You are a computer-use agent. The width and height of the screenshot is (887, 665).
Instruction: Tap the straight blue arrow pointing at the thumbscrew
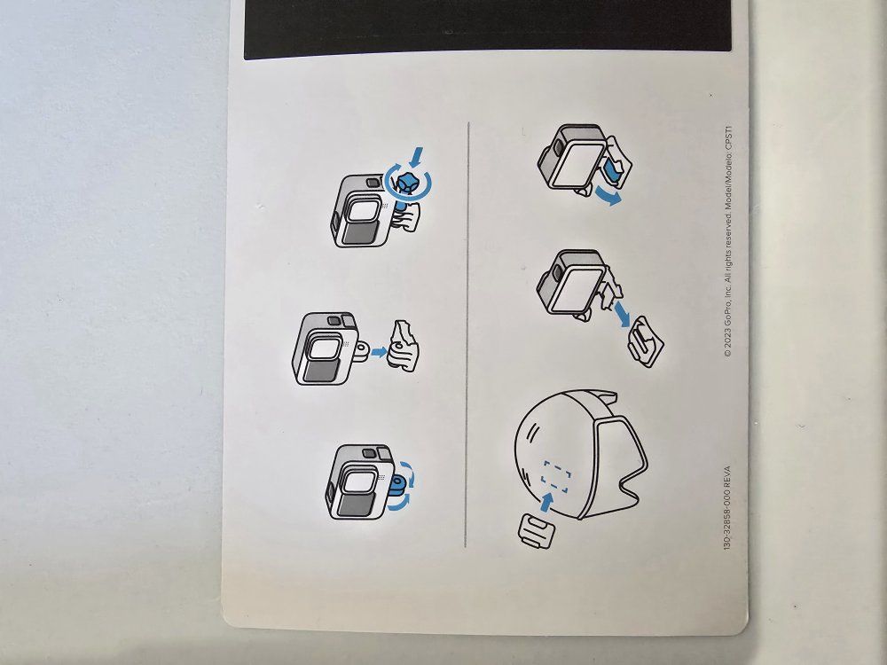(416, 156)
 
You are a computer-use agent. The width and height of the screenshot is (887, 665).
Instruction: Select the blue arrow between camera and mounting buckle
(380, 352)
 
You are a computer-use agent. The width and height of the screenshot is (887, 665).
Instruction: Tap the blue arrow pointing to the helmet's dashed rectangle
(546, 502)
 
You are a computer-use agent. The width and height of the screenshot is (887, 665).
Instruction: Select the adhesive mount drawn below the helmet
(536, 530)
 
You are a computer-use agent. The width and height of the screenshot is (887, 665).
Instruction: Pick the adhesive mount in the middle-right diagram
(646, 341)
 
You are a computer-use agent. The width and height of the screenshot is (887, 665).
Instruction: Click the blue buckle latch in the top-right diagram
(610, 171)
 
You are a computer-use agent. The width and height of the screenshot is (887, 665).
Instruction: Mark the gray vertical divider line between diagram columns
(467, 334)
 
